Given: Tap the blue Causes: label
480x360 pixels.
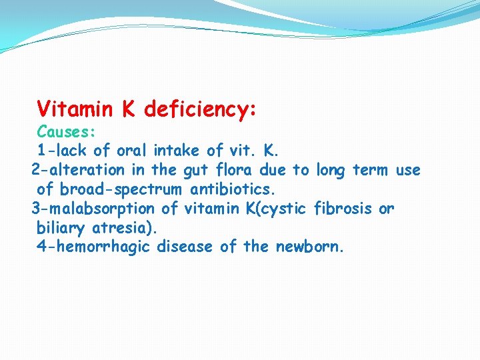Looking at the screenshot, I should [x=66, y=131].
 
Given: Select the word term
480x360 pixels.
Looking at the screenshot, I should [x=370, y=170].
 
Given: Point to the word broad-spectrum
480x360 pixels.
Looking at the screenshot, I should [x=120, y=189].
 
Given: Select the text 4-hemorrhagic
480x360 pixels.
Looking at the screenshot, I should [x=93, y=247].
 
